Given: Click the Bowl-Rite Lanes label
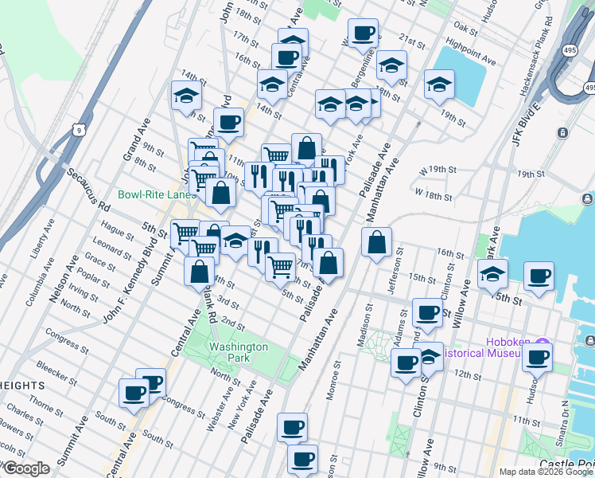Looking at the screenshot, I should [x=157, y=194].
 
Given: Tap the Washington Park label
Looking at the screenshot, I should [x=238, y=352].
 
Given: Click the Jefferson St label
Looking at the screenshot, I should [x=395, y=271].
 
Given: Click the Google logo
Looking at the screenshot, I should [x=25, y=468].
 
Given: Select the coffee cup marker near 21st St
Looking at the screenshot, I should [x=364, y=34].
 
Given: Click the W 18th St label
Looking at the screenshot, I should [x=434, y=196].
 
